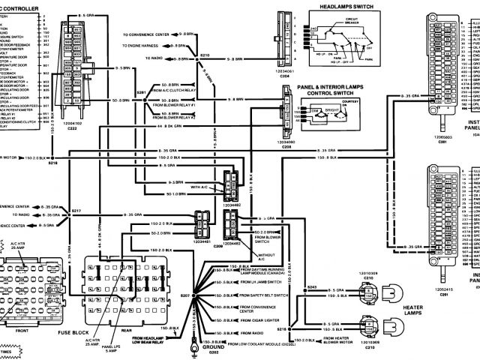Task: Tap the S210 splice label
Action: point(205,55)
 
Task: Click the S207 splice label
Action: point(187,298)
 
